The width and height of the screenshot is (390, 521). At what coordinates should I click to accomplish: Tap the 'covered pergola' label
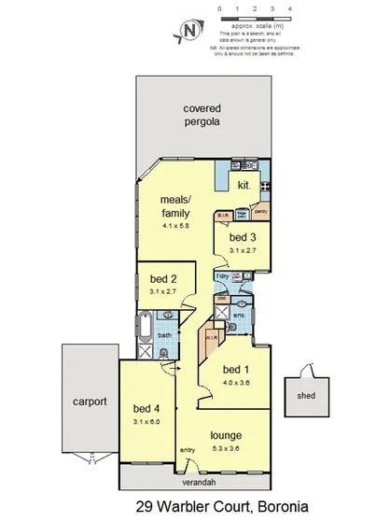tap(202, 115)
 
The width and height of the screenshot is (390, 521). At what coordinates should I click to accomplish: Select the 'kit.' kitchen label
tap(244, 186)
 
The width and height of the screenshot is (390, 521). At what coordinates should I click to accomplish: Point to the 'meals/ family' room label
tap(175, 205)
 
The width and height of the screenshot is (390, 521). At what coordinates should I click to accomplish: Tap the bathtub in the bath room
tap(146, 329)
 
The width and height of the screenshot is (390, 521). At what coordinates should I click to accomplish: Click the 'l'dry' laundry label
tap(223, 277)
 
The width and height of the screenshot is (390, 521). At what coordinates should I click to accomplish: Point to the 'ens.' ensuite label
tap(239, 317)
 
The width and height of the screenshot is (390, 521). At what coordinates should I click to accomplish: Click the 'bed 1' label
tap(235, 367)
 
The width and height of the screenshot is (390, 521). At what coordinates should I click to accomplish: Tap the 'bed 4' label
tap(147, 408)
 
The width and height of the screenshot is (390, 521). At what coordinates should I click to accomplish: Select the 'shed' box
tap(306, 394)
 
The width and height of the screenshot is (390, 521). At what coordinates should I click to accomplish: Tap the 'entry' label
tap(187, 451)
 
